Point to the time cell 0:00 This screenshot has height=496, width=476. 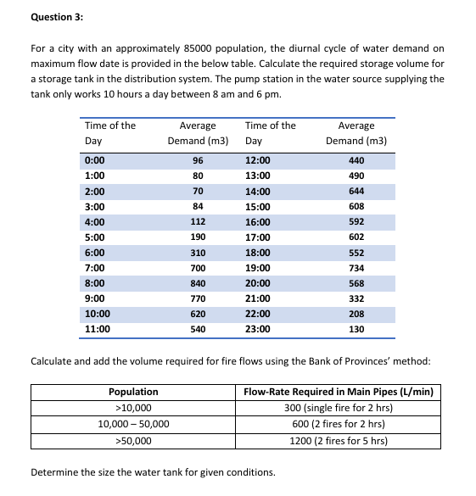94,160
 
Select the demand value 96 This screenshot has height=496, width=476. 198,160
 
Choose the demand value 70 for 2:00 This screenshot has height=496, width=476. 198,191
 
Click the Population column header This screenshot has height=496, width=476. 133,392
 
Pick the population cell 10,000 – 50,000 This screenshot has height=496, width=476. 133,424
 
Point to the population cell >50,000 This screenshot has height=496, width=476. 133,441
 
